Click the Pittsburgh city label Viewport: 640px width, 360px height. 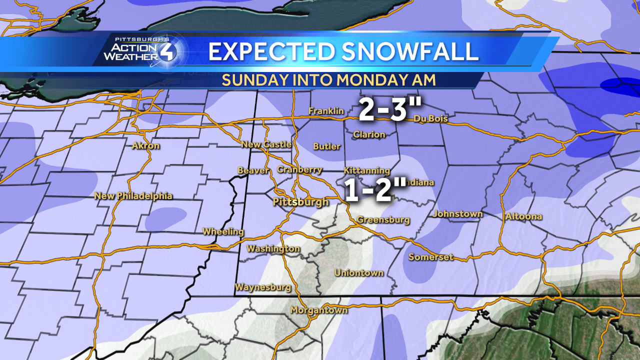tap(300, 202)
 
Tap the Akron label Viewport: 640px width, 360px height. tap(146, 146)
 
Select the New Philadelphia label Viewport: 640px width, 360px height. tap(133, 196)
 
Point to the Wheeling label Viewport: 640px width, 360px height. tap(223, 231)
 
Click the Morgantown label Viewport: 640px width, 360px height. tap(319, 310)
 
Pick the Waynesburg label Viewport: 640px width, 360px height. tap(263, 287)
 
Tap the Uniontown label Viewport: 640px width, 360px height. tap(359, 272)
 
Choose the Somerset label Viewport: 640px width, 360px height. tap(431, 257)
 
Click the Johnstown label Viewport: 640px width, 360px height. tap(458, 214)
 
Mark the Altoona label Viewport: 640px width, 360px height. tap(523, 216)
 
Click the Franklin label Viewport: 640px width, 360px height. tap(326, 111)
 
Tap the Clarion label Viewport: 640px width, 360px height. tap(369, 134)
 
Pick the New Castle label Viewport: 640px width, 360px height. tap(266, 144)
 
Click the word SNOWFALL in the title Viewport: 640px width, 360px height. tap(409, 52)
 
